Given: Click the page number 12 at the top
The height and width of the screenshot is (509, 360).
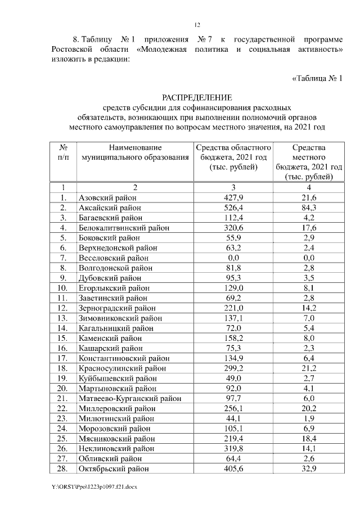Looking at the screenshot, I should tap(197, 25).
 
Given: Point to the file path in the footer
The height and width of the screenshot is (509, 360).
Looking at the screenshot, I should tap(93, 486).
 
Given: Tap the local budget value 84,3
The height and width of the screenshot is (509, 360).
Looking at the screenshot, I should tap(309, 208).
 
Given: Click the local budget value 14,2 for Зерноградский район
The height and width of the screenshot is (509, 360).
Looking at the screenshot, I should tap(309, 308).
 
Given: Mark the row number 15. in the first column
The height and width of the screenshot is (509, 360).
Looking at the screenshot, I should tap(63, 339).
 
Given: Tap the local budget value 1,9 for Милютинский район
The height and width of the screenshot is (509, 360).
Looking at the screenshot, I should tap(309, 419).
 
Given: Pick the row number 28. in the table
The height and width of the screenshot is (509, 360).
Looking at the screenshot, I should tap(63, 469).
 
